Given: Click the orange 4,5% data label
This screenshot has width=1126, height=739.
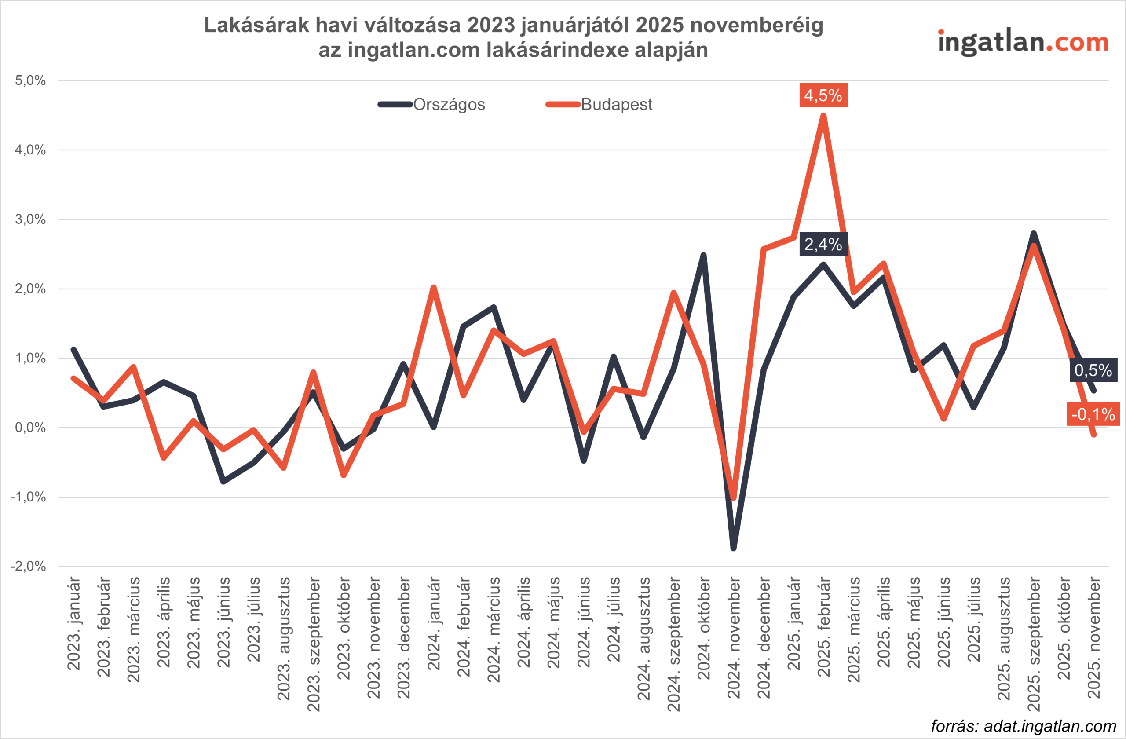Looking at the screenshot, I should [x=823, y=95].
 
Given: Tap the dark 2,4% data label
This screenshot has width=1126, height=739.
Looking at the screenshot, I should [x=823, y=244].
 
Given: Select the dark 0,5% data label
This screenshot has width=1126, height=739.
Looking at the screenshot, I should [x=1093, y=370].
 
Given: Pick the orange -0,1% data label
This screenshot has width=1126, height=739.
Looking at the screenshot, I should [x=1093, y=414].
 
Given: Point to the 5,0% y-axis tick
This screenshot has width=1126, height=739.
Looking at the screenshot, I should [x=30, y=80].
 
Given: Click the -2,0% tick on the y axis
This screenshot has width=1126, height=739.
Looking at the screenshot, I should [x=29, y=566].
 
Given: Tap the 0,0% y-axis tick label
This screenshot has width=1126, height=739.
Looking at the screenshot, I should [x=30, y=428].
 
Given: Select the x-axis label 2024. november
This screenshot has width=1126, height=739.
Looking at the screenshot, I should [x=734, y=637].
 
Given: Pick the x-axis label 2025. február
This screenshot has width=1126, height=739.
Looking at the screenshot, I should [x=824, y=626].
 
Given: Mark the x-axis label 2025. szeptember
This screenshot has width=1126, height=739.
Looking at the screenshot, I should [x=1034, y=644].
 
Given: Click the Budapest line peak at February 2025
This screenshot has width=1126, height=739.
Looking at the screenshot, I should [x=823, y=116].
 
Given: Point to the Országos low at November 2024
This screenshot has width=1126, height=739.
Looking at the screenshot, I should [x=733, y=548].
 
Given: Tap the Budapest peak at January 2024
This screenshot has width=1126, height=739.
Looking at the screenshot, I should [x=433, y=288].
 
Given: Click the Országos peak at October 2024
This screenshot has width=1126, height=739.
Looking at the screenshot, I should [x=703, y=256].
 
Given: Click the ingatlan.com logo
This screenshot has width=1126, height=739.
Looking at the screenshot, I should [x=1023, y=43].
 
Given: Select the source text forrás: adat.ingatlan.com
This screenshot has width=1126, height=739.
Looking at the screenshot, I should [x=1024, y=726].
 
